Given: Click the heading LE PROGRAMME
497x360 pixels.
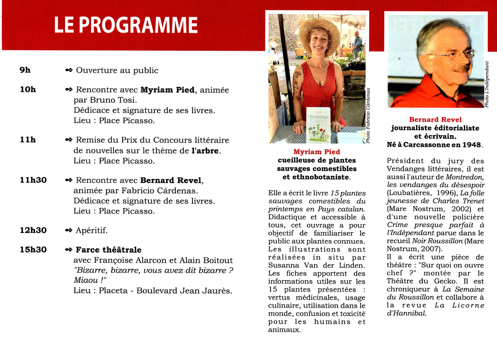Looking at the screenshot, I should (x=125, y=25).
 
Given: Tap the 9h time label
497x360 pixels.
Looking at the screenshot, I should (x=25, y=70).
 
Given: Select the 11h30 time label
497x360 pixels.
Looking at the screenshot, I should (x=33, y=180).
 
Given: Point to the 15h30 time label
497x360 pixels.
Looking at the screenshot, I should (x=33, y=250).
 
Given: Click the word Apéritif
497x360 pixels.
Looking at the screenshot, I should (x=91, y=231).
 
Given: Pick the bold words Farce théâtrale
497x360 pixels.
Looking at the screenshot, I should (x=109, y=250).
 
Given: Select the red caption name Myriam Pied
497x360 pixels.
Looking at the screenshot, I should (x=317, y=152).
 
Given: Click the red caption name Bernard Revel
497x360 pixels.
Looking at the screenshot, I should (x=435, y=120).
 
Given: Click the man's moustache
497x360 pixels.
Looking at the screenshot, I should (x=462, y=67).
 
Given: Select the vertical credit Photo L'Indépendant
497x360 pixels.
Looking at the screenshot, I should (x=487, y=84).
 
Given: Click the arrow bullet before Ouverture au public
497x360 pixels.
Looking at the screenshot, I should (x=69, y=70).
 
